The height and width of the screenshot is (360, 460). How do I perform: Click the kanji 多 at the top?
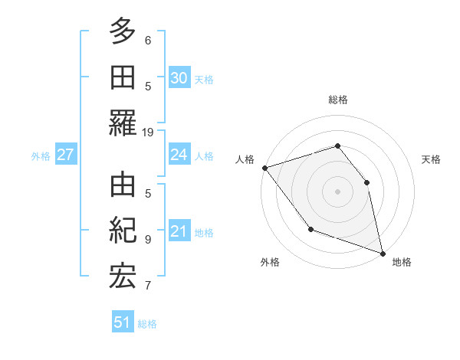click(x=123, y=31)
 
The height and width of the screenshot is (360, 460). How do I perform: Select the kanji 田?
click(x=123, y=77)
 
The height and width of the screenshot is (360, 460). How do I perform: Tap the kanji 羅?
click(x=123, y=123)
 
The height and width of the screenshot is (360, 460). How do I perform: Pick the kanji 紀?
click(x=123, y=231)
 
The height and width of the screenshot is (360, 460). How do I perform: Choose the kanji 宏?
click(x=123, y=277)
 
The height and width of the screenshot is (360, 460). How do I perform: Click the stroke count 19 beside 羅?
click(x=148, y=133)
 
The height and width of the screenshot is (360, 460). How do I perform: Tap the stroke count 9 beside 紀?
click(x=148, y=239)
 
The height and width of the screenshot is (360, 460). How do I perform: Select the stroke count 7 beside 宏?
click(x=148, y=286)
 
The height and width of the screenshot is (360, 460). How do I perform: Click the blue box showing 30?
click(x=179, y=77)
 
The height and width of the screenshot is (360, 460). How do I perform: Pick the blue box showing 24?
click(x=179, y=155)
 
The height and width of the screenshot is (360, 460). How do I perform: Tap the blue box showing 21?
click(x=179, y=231)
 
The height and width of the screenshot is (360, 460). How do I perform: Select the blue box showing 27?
click(x=65, y=155)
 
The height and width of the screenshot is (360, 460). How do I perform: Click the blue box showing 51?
click(x=123, y=322)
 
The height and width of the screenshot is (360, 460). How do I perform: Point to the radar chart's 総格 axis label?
click(x=338, y=100)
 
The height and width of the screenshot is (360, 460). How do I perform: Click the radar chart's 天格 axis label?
click(x=432, y=159)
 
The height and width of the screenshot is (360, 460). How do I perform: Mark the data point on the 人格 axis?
click(x=264, y=168)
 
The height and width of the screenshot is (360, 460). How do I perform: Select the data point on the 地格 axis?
click(x=382, y=252)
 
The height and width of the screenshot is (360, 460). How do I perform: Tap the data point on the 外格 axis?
click(x=310, y=228)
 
